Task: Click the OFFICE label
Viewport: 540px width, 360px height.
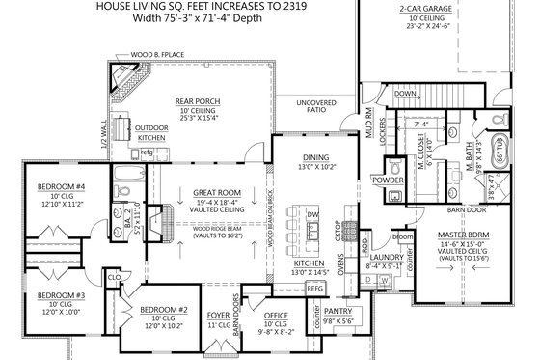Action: pos(279,316)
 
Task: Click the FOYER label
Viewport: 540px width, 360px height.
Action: pos(218,315)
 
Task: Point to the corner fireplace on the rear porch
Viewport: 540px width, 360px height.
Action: pos(125,78)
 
